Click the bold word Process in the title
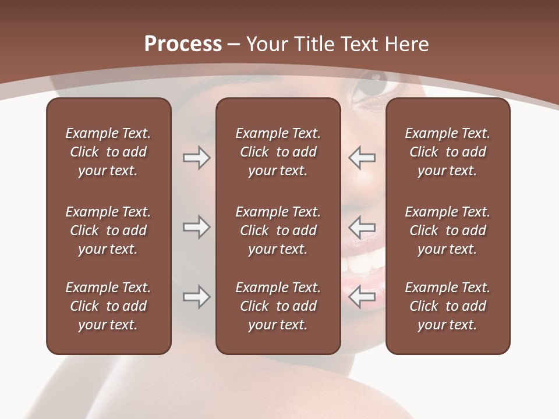point(183,44)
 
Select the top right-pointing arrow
point(196,158)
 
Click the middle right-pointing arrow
point(196,227)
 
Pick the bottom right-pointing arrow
point(196,297)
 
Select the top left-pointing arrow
point(362,158)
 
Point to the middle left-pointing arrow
point(362,227)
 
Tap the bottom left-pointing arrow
point(362,297)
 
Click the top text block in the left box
point(108,152)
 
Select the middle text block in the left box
point(108,230)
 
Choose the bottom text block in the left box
point(108,306)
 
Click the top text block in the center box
point(278,152)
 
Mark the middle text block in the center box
point(278,230)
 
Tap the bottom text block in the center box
point(278,306)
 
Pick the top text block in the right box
point(447,152)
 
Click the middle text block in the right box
point(447,230)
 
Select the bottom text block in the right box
point(447,306)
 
